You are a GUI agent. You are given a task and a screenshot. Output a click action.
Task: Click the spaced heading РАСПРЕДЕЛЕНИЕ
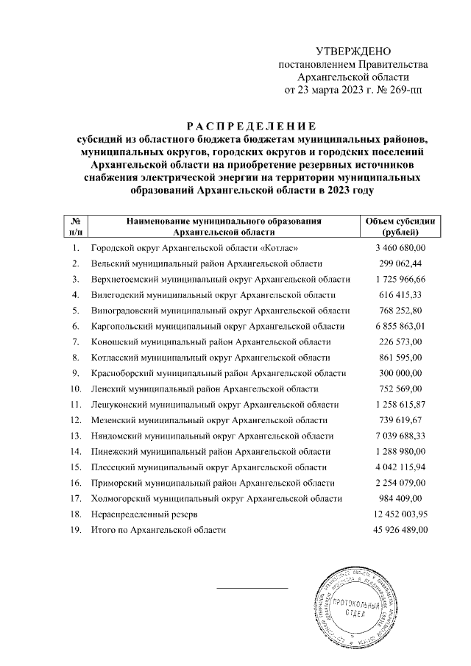[x=249, y=123]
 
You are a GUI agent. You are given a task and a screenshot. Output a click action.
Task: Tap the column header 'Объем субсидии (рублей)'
[x=400, y=226]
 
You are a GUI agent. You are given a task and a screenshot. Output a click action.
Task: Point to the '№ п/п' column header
[x=75, y=226]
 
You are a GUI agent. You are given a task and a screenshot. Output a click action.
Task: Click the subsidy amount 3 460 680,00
[x=400, y=248]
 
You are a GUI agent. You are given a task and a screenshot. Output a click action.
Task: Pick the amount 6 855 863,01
[x=400, y=326]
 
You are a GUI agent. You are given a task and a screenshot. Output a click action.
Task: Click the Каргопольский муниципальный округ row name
[x=218, y=326]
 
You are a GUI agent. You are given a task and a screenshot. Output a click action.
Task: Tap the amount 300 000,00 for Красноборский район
[x=400, y=373]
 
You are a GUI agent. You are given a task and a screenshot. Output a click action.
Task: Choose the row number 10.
[x=75, y=389]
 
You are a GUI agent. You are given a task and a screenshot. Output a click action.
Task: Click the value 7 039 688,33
[x=400, y=436]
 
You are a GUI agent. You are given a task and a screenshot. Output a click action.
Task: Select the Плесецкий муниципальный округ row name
[x=210, y=467]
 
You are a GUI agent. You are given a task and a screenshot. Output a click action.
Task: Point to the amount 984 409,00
[x=400, y=498]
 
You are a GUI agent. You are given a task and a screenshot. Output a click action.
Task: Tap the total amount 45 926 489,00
[x=400, y=530]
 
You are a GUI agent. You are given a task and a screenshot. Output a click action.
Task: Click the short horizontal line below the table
[x=252, y=587]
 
